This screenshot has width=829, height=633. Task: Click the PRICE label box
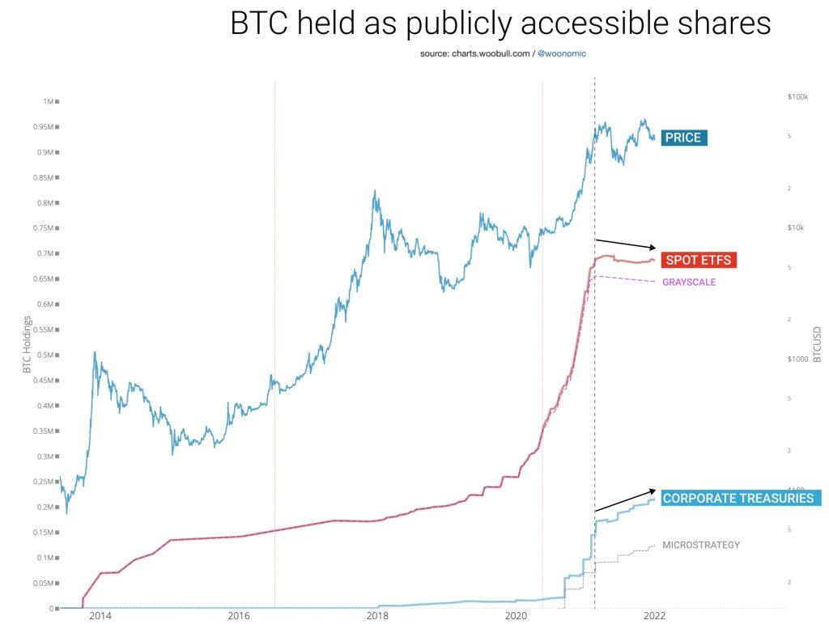tap(683, 138)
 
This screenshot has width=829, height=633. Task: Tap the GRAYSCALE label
tap(689, 282)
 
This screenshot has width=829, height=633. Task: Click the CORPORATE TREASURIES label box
tap(738, 498)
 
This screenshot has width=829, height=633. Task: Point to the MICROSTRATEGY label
tap(701, 545)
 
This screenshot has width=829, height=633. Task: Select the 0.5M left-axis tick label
tap(46, 355)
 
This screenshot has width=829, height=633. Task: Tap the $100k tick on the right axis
tap(798, 96)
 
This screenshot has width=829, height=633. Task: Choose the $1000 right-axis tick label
tap(798, 359)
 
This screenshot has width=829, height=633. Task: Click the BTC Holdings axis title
tap(28, 345)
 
